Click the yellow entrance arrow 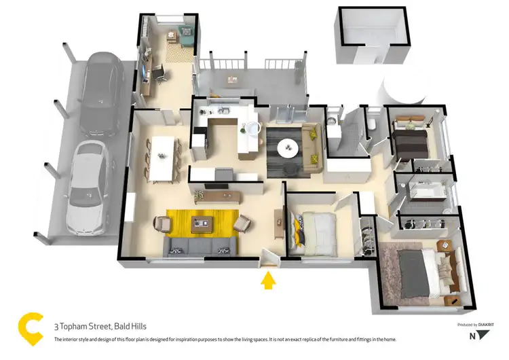click(x=269, y=280)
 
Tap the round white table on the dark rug click(x=288, y=146)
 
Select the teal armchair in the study click(x=186, y=31)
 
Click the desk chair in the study click(x=160, y=73)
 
